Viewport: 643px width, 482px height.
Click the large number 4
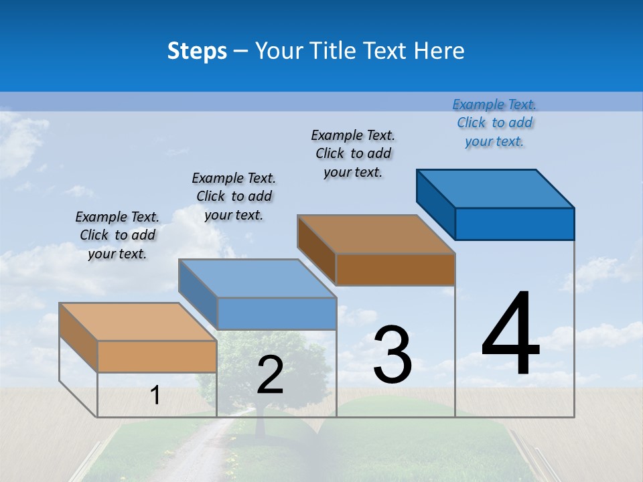tap(510, 335)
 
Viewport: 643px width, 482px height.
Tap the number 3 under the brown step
tap(392, 355)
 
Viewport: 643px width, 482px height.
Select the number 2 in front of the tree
tap(270, 375)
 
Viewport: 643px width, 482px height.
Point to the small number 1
tap(155, 396)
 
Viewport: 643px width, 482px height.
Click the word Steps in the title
tap(197, 51)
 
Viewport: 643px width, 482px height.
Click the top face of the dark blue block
tap(496, 188)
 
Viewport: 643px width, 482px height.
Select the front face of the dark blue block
tap(514, 224)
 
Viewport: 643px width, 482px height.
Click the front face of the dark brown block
tap(395, 270)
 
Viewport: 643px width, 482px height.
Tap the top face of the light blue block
tap(257, 278)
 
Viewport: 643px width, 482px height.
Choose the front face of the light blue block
tap(277, 314)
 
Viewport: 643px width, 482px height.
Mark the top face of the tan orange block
tap(138, 322)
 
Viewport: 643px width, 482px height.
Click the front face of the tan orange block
tap(157, 357)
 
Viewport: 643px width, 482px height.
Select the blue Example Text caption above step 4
tap(494, 123)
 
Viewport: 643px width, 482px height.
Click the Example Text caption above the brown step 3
tap(353, 153)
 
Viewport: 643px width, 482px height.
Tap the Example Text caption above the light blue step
tap(234, 196)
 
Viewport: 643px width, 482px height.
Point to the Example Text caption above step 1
tap(117, 235)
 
